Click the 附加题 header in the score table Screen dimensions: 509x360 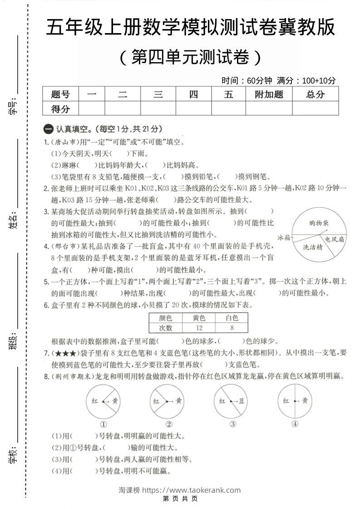click(x=269, y=94)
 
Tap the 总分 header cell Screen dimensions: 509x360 click(x=315, y=94)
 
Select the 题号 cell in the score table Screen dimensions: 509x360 click(x=60, y=94)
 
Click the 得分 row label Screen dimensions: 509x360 click(x=60, y=108)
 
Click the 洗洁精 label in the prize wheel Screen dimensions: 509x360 click(x=313, y=247)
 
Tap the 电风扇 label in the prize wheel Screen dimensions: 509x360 click(x=334, y=239)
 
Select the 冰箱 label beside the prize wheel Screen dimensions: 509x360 click(x=284, y=237)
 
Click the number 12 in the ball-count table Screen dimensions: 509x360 click(x=198, y=328)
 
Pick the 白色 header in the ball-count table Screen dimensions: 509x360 click(x=232, y=318)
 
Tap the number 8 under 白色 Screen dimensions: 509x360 click(x=232, y=328)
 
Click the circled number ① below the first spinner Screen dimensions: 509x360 click(x=104, y=424)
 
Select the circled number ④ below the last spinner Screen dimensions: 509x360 click(x=295, y=424)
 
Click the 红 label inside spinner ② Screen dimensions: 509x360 click(x=157, y=401)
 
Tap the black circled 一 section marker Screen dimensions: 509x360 click(x=48, y=129)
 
